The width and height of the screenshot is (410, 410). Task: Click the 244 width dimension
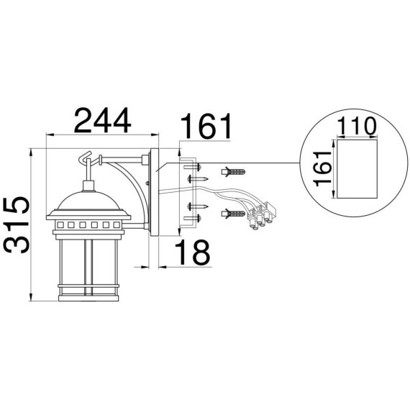pos(102,121)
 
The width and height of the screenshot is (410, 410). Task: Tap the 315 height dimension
pos(17,225)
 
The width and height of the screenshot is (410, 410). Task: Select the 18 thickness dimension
pos(193,252)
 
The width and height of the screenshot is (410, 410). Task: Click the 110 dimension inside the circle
pos(356,126)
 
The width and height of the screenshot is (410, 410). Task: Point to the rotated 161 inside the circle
pos(323,168)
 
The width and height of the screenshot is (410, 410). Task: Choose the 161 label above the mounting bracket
pos(206,126)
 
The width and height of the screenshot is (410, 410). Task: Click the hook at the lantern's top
pos(85,158)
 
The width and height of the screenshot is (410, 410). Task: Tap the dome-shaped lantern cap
pos(88,201)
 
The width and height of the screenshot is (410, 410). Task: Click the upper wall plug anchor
pos(233,173)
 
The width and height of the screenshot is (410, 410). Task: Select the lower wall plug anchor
pos(233,214)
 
